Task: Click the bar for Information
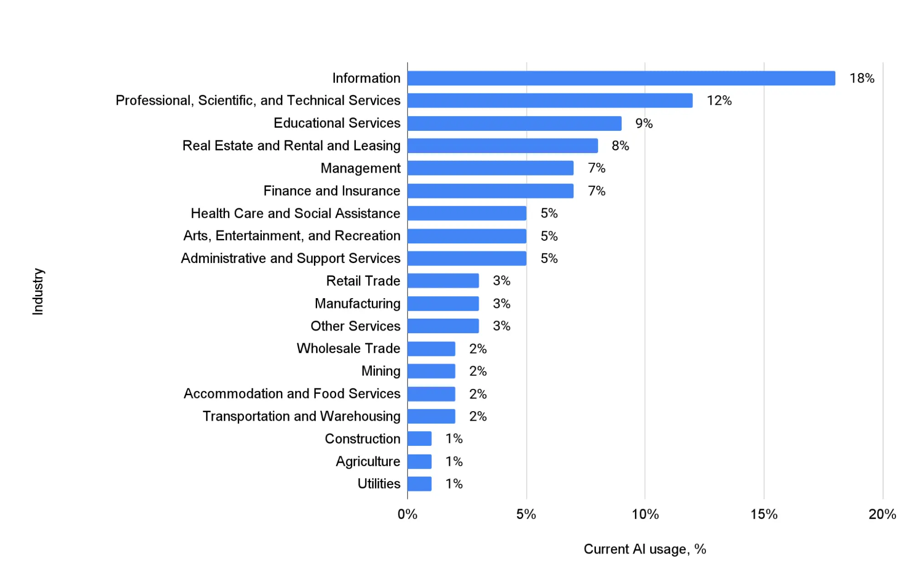click(621, 78)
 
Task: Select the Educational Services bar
click(514, 123)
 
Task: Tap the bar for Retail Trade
click(443, 281)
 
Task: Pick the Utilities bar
click(419, 484)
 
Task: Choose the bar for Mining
click(431, 371)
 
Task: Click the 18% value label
click(861, 78)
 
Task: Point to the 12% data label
click(719, 101)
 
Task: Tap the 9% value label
click(644, 124)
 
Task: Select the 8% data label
click(620, 146)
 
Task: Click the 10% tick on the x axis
click(645, 514)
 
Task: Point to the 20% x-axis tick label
click(882, 514)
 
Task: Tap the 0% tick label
click(407, 514)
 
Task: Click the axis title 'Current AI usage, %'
click(645, 549)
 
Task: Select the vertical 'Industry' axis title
click(38, 291)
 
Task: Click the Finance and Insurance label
click(332, 191)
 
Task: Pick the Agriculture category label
click(368, 461)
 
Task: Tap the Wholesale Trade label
click(348, 348)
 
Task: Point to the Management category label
click(360, 168)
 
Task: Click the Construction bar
click(419, 439)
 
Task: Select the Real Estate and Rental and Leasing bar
click(502, 146)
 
